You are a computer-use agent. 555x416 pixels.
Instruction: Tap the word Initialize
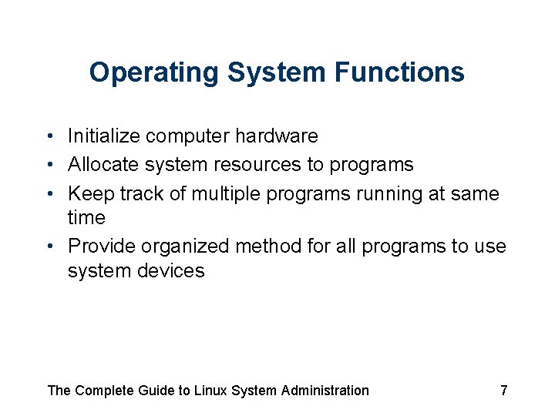[x=104, y=136]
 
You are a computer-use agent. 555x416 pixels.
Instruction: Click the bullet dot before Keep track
[x=49, y=193]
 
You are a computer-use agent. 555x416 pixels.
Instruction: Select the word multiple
[x=227, y=193]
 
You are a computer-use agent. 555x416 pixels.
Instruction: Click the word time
[x=86, y=218]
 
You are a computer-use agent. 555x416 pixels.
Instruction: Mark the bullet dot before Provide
[x=49, y=247]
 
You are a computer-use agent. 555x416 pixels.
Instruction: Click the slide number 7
[x=503, y=391]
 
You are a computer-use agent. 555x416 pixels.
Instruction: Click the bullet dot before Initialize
[x=49, y=136]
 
